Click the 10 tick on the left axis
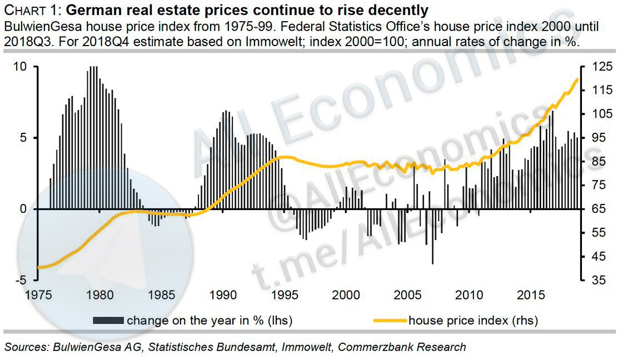pyautogui.click(x=21, y=67)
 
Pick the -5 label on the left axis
pyautogui.click(x=19, y=280)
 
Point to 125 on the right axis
pyautogui.click(x=597, y=67)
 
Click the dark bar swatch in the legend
pyautogui.click(x=108, y=320)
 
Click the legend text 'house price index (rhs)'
pyautogui.click(x=474, y=320)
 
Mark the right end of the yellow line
pyautogui.click(x=578, y=79)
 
